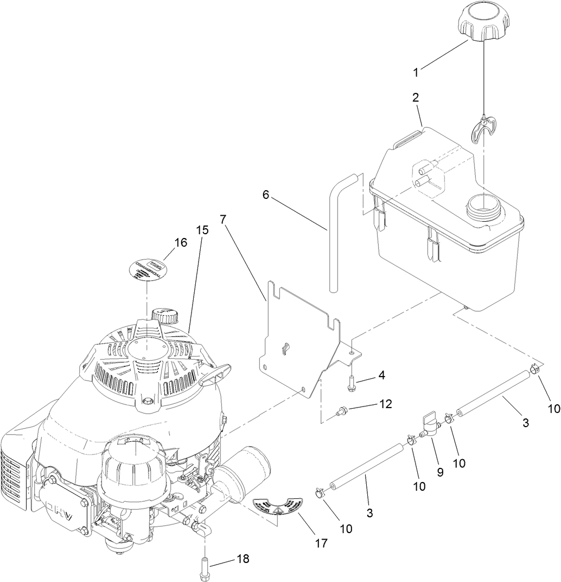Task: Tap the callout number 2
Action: pos(416,98)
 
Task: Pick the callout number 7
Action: pos(223,219)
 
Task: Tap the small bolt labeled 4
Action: pos(352,383)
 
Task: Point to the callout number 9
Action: pos(440,473)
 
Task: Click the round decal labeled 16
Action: pos(146,271)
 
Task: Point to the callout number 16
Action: pos(181,242)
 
